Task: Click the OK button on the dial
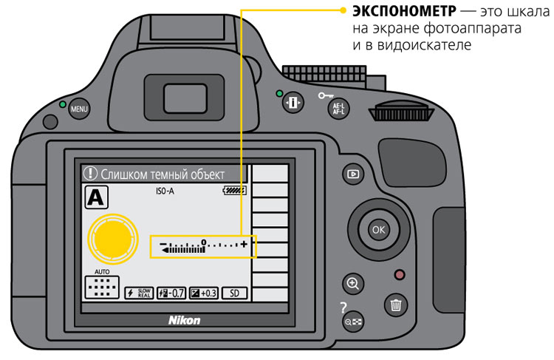[x=378, y=229]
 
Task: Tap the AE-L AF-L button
[x=338, y=109]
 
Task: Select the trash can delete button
[x=396, y=305]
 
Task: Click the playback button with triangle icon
[x=353, y=174]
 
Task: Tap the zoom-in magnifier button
[x=352, y=284]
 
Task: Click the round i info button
[x=293, y=103]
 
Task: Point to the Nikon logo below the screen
[x=184, y=320]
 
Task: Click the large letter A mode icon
[x=96, y=197]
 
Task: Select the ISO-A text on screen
[x=165, y=191]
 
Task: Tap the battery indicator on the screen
[x=234, y=191]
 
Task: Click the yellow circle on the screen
[x=113, y=239]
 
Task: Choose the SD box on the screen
[x=234, y=293]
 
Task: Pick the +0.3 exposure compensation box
[x=204, y=293]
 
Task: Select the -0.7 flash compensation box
[x=171, y=293]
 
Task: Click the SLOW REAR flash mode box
[x=139, y=293]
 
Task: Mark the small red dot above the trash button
[x=400, y=275]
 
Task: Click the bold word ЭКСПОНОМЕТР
[x=404, y=11]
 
